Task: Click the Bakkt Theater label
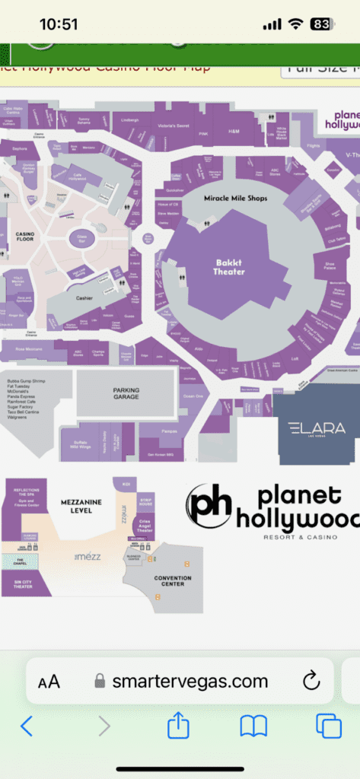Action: pyautogui.click(x=229, y=267)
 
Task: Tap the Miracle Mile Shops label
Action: pyautogui.click(x=235, y=198)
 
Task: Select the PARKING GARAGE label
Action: pyautogui.click(x=126, y=393)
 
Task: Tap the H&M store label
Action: pyautogui.click(x=234, y=131)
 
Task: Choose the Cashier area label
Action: pyautogui.click(x=84, y=298)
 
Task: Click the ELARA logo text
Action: pyautogui.click(x=317, y=428)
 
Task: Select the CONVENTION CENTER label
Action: pyautogui.click(x=172, y=580)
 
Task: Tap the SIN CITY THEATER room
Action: pyautogui.click(x=23, y=584)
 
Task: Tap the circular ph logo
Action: pyautogui.click(x=209, y=505)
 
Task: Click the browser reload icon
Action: pyautogui.click(x=311, y=680)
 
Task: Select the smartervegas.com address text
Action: pyautogui.click(x=190, y=681)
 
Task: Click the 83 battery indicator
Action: pyautogui.click(x=321, y=24)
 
